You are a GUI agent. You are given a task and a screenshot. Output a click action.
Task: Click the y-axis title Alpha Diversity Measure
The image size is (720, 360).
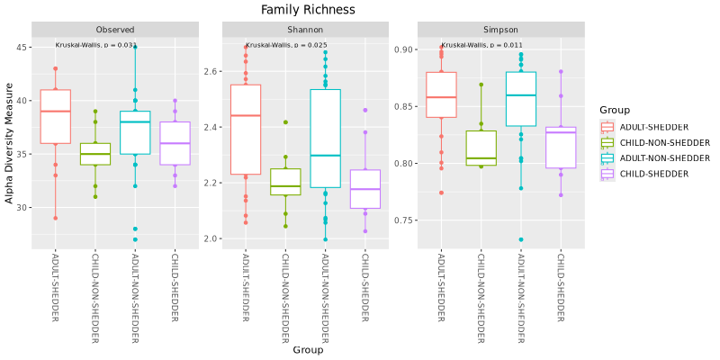click(x=10, y=143)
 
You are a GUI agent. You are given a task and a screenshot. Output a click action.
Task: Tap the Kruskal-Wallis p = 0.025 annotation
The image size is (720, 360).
click(x=286, y=45)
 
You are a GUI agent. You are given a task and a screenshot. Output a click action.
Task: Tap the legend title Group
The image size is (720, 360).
click(x=614, y=110)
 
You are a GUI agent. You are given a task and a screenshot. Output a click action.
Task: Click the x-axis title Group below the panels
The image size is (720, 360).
click(x=308, y=350)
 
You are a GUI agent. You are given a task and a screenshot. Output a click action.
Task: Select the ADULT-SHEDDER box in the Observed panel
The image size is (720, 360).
click(x=56, y=116)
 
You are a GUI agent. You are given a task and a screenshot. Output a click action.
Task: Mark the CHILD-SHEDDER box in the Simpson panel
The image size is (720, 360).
click(x=561, y=148)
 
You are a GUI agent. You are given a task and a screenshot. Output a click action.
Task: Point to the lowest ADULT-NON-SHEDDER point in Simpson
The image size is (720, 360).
click(x=521, y=239)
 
